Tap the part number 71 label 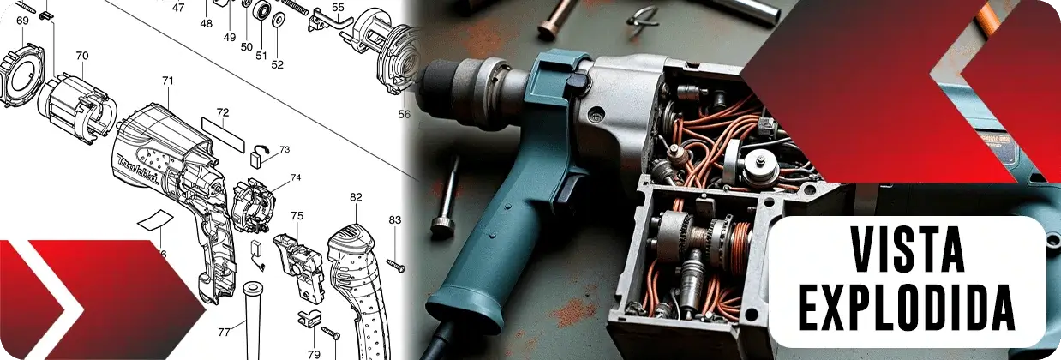168,81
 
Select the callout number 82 356,197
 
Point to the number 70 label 82,56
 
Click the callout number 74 296,177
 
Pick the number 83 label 395,219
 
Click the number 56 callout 404,114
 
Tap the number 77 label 224,333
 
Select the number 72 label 223,113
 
